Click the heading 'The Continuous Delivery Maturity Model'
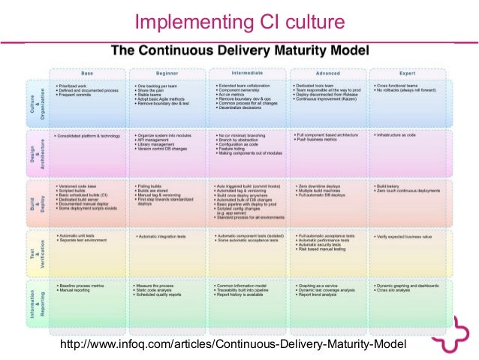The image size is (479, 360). [240, 51]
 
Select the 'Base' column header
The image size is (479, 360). [88, 72]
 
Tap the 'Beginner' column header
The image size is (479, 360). [167, 72]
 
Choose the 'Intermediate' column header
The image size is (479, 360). [248, 72]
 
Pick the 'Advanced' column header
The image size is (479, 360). [327, 72]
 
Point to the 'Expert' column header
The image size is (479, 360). [407, 72]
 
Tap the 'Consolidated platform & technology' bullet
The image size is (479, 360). [89, 137]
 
